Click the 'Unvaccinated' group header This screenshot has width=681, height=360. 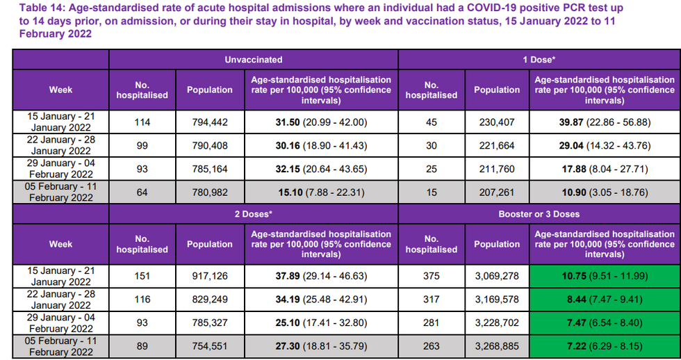tap(253, 60)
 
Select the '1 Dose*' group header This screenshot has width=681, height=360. tap(539, 60)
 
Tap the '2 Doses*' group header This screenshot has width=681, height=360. tap(253, 214)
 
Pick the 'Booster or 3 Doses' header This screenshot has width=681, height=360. tap(539, 214)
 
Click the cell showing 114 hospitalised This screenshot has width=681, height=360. tap(142, 122)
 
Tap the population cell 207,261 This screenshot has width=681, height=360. tap(496, 192)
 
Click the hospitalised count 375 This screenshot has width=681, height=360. tap(431, 276)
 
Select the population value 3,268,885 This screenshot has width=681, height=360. tap(496, 346)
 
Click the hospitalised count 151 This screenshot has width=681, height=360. tap(142, 276)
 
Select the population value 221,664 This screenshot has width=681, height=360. tap(496, 146)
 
